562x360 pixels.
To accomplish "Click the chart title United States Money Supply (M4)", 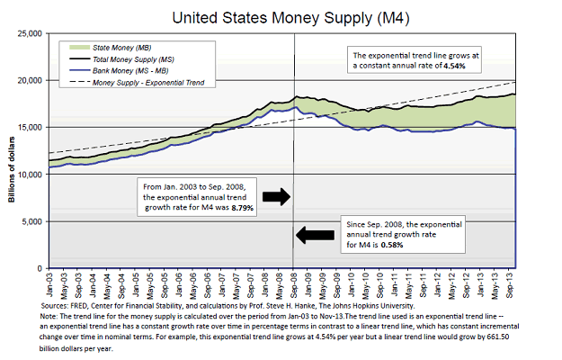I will click(281, 14).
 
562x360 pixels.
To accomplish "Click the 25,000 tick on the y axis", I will click(30, 33).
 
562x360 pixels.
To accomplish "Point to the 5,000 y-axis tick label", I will click(31, 221).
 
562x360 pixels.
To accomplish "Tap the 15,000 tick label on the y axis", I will click(30, 127).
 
